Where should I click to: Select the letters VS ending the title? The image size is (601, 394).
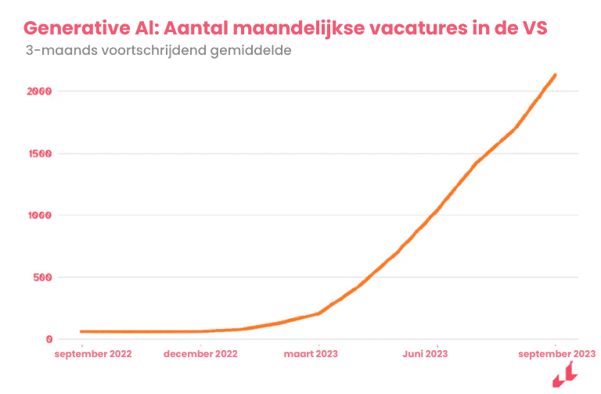[532, 27]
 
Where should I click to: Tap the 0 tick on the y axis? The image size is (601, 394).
[49, 339]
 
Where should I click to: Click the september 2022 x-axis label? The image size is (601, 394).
[93, 354]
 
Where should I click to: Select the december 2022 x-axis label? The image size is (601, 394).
[200, 354]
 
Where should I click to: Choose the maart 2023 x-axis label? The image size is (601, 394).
[311, 354]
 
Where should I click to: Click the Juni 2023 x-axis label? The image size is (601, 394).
[426, 354]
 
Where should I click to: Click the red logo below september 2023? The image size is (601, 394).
[564, 377]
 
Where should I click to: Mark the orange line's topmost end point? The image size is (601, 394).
[555, 75]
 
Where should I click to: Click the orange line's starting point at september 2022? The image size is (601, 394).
[81, 331]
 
